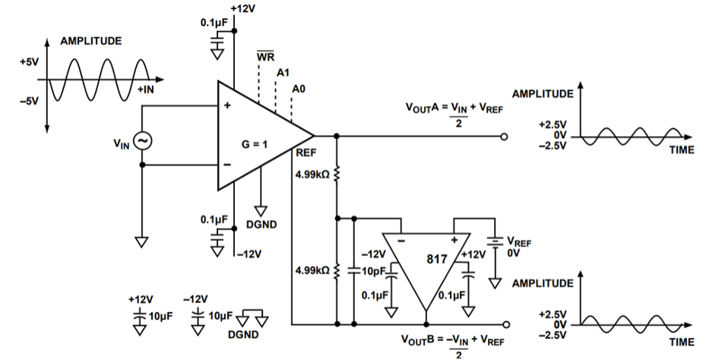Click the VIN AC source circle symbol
click(x=142, y=141)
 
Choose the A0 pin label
click(x=299, y=89)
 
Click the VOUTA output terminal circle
click(x=505, y=137)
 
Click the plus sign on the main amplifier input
click(x=226, y=105)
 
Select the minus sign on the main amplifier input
click(x=226, y=164)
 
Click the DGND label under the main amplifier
click(x=262, y=225)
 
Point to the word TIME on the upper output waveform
click(x=681, y=150)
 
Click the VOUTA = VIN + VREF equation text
click(x=452, y=108)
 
